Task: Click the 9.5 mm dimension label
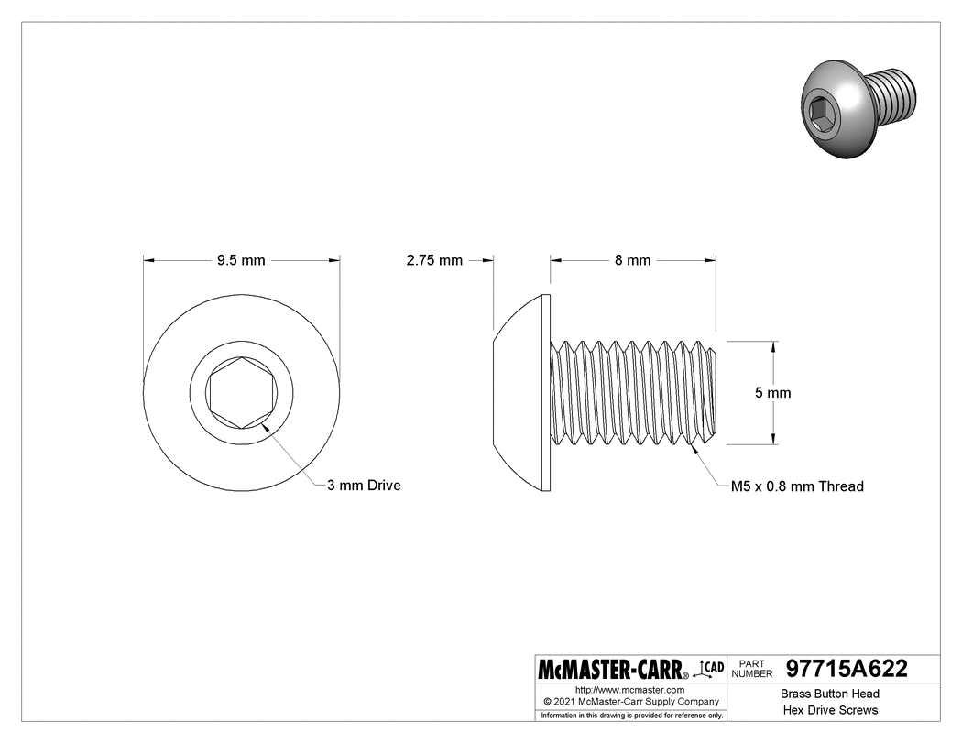click(x=241, y=260)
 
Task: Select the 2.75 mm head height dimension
click(x=434, y=260)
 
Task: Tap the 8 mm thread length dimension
click(x=632, y=260)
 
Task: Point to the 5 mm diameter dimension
click(x=772, y=392)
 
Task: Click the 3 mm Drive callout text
click(x=364, y=486)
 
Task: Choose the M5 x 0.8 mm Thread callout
click(x=796, y=486)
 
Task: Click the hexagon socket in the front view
click(x=242, y=392)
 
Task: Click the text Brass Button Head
click(x=829, y=694)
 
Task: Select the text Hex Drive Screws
click(x=829, y=710)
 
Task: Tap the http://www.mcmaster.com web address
click(x=630, y=689)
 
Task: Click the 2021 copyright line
click(x=630, y=701)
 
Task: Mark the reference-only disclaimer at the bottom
click(x=631, y=715)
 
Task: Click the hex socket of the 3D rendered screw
click(x=818, y=111)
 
